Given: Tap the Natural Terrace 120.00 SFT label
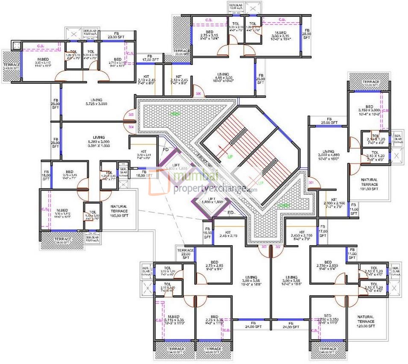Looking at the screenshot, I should pos(366,321).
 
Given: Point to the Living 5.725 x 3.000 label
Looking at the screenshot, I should pos(96,102).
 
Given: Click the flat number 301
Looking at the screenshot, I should pos(311,183).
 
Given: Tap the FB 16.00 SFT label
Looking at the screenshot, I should pos(208,233).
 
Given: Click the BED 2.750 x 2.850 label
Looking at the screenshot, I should pos(328,265).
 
